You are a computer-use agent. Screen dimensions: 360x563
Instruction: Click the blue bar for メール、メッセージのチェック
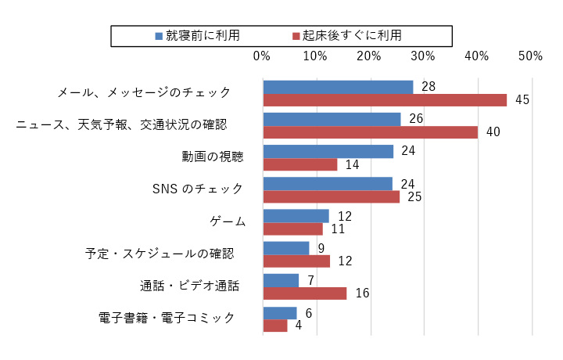pos(338,87)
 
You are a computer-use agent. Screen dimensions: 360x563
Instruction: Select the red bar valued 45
pos(385,99)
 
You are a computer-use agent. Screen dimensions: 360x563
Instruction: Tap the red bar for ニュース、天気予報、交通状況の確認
pos(370,132)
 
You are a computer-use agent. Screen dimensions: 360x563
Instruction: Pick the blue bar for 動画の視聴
pos(328,151)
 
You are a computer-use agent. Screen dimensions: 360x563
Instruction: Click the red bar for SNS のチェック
pos(331,196)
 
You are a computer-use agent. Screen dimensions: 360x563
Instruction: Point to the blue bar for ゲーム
pos(296,216)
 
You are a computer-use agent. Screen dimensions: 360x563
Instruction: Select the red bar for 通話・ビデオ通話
pos(305,293)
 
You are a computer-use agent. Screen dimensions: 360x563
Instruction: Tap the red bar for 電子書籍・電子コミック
pos(275,326)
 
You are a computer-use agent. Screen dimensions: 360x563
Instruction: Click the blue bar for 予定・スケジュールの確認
pos(286,248)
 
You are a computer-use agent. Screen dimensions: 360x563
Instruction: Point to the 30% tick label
pos(422,56)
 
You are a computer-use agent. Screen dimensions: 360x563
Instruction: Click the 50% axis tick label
pos(530,56)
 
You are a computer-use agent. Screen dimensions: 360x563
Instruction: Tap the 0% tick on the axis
pos(262,56)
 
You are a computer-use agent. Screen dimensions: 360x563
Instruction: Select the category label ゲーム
pos(228,221)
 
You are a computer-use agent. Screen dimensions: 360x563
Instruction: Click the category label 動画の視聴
pos(213,157)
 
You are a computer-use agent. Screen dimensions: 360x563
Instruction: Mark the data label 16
pos(361,293)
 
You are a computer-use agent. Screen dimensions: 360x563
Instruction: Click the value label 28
pos(428,86)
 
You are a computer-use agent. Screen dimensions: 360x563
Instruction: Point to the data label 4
pos(298,326)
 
